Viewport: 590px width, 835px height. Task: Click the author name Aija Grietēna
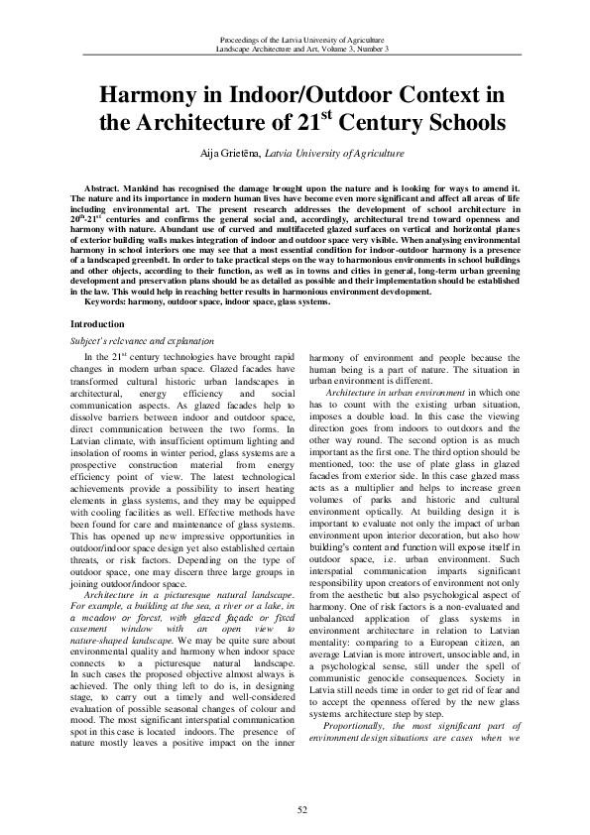231,154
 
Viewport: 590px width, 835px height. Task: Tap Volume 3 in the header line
336,48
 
